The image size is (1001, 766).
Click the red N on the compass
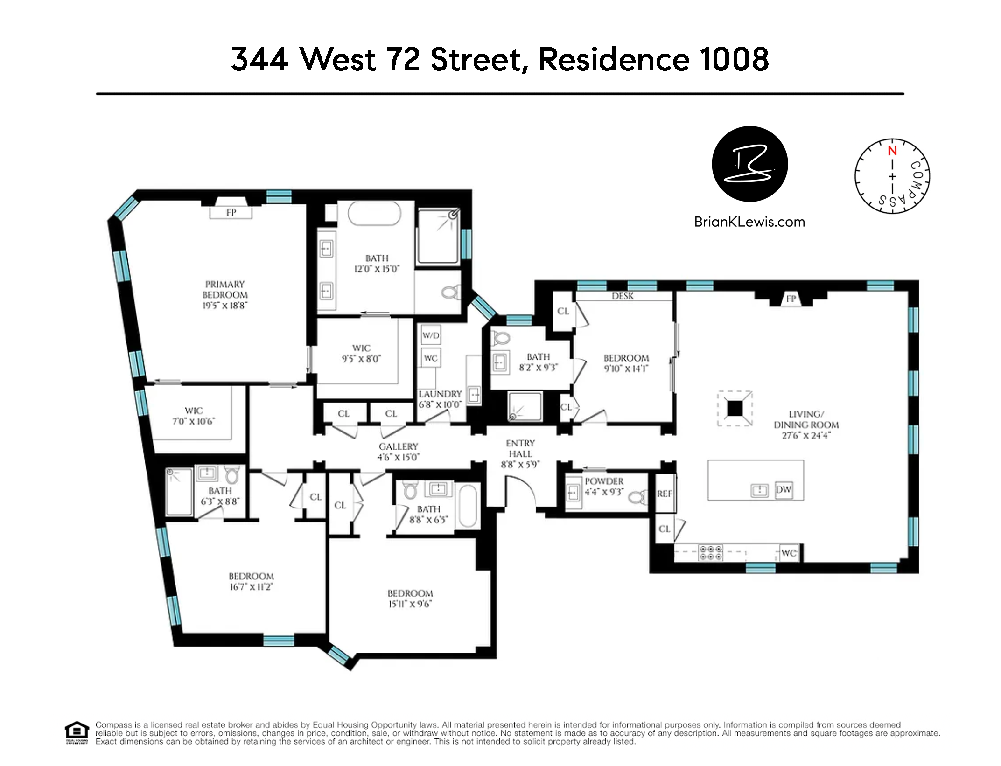pyautogui.click(x=892, y=151)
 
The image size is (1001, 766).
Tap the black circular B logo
pyautogui.click(x=749, y=164)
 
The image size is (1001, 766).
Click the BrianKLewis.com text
pyautogui.click(x=749, y=222)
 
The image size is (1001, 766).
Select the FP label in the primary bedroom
pyautogui.click(x=231, y=213)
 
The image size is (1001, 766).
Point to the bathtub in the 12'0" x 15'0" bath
pyautogui.click(x=374, y=214)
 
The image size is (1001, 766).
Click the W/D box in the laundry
pyautogui.click(x=430, y=335)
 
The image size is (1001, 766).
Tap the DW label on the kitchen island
pyautogui.click(x=784, y=489)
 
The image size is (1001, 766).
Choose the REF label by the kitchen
pyautogui.click(x=664, y=494)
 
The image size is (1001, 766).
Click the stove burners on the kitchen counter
pyautogui.click(x=710, y=553)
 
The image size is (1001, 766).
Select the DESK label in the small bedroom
pyautogui.click(x=623, y=296)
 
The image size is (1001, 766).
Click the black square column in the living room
pyautogui.click(x=735, y=409)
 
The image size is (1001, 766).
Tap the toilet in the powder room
pyautogui.click(x=638, y=497)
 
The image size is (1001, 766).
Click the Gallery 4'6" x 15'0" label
pyautogui.click(x=398, y=452)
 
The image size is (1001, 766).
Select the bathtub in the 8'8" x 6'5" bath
pyautogui.click(x=468, y=506)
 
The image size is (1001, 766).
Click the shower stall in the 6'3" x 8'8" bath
pyautogui.click(x=179, y=492)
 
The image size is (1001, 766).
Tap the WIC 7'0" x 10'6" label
pyautogui.click(x=194, y=416)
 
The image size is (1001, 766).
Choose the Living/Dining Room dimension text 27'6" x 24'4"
pyautogui.click(x=806, y=436)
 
